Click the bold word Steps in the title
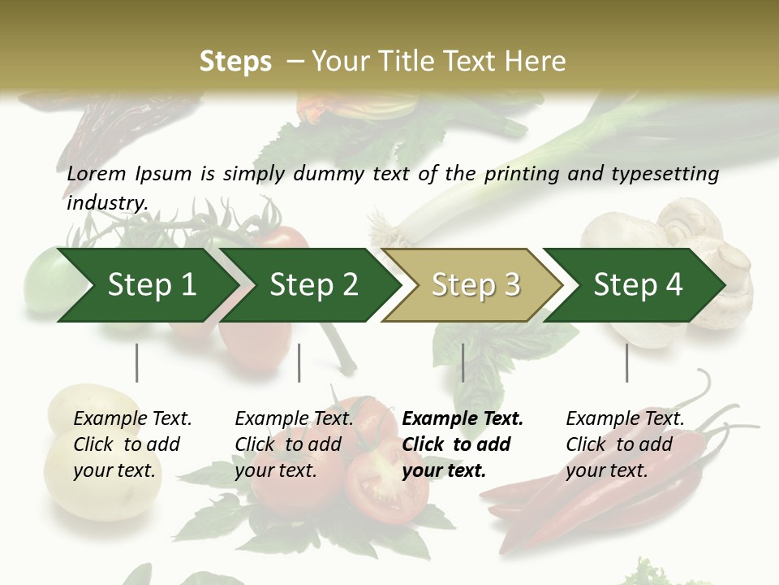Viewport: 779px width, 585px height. click(235, 62)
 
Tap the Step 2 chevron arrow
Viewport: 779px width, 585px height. click(313, 285)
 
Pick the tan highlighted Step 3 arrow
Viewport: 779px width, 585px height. click(476, 285)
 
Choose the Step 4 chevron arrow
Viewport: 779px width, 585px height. click(638, 285)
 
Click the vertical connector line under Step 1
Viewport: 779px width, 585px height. click(137, 362)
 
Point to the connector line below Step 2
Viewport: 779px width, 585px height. click(299, 362)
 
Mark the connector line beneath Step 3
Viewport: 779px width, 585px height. click(463, 362)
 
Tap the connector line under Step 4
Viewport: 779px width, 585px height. click(626, 362)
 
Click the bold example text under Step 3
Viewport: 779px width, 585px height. click(462, 444)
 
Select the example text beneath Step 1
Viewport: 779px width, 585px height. click(131, 444)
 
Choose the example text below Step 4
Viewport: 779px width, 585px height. click(624, 444)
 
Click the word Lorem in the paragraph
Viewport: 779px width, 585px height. click(97, 173)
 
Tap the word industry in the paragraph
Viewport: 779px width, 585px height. click(106, 202)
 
